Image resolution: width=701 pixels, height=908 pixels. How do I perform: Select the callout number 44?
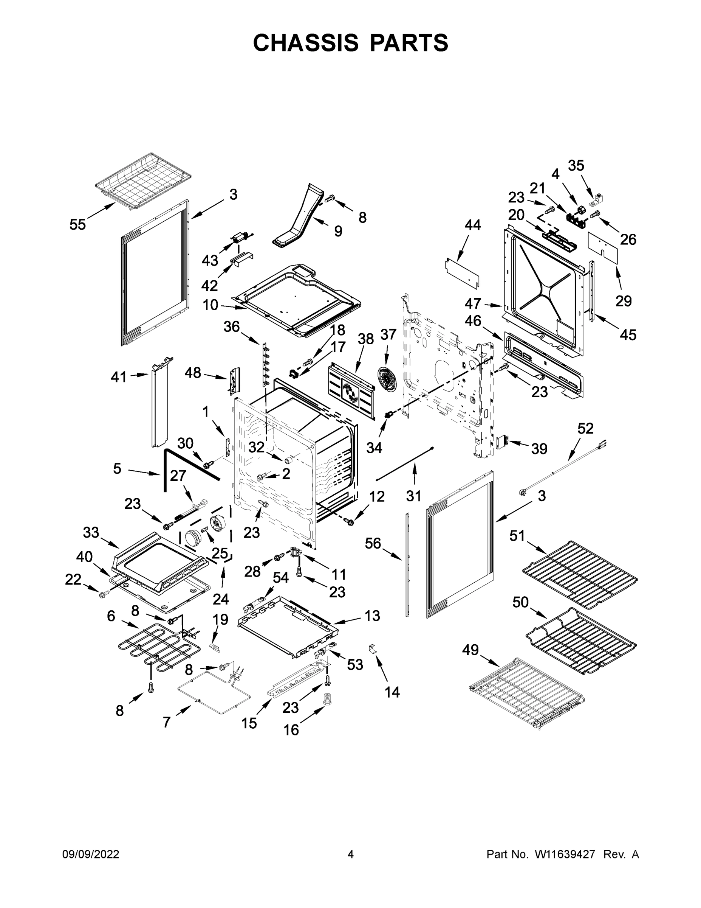click(x=473, y=225)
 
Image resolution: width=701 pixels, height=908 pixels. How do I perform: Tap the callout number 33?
click(x=91, y=532)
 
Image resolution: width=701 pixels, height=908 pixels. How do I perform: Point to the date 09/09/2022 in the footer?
click(x=91, y=854)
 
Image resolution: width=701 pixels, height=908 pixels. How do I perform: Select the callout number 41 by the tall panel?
click(x=119, y=377)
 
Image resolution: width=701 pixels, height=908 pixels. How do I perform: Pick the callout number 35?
click(x=576, y=165)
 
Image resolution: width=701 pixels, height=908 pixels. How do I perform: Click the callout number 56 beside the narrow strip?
click(x=373, y=543)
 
